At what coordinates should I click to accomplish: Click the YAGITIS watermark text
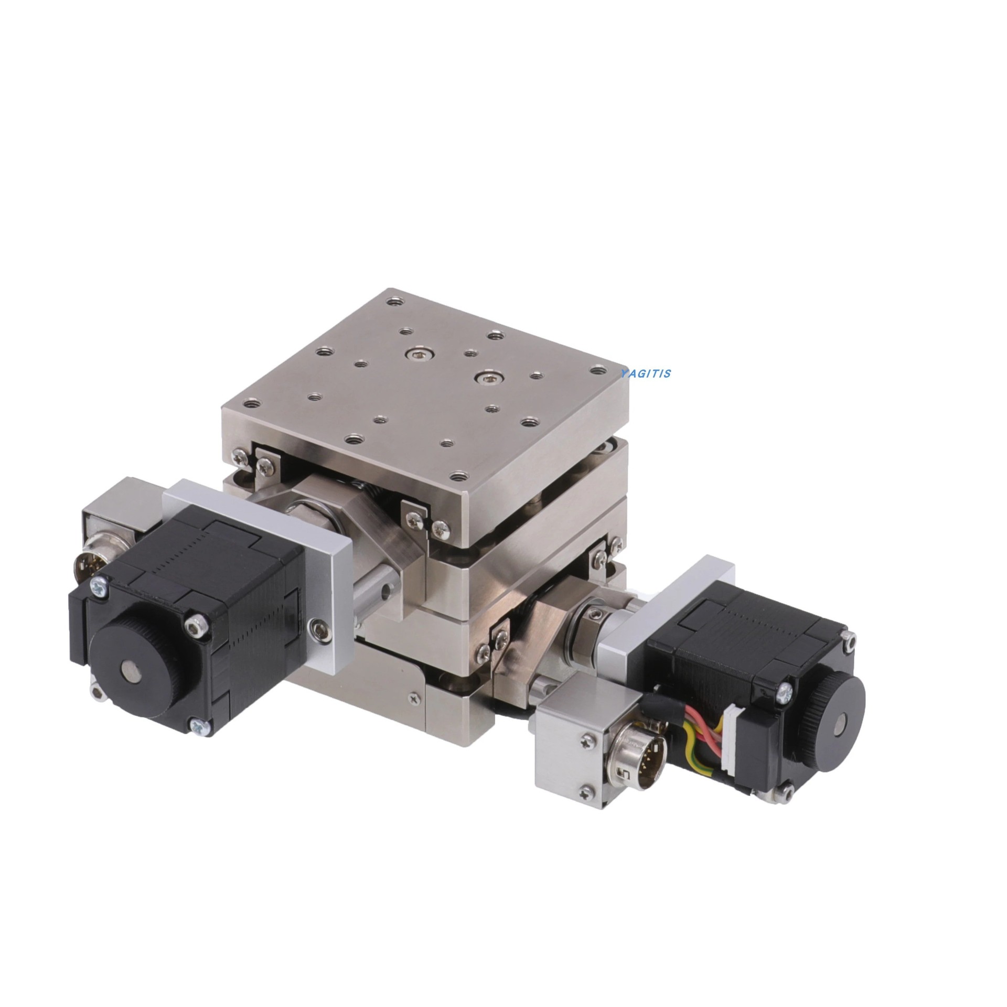pyautogui.click(x=645, y=374)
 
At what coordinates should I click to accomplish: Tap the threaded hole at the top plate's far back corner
pyautogui.click(x=394, y=302)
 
